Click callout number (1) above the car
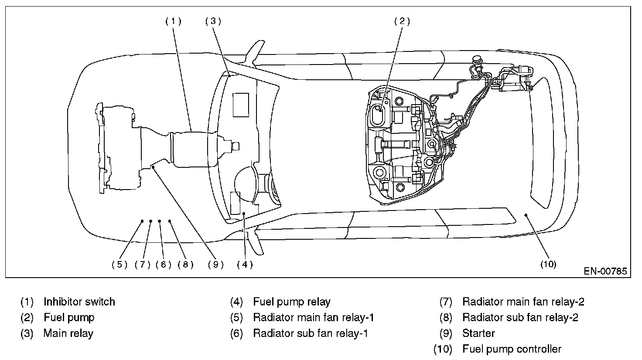pos(174,21)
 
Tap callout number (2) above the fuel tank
pos(402,21)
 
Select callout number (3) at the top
pos(213,21)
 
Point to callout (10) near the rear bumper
pos(548,264)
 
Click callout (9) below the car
pos(216,265)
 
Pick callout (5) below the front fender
pos(120,265)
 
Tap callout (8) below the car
pos(185,265)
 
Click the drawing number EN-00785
pos(605,271)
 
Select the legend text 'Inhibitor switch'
pos(79,302)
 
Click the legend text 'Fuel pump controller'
pos(512,349)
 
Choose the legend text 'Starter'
pos(478,333)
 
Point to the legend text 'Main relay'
pos(68,333)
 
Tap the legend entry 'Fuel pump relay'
pos(292,302)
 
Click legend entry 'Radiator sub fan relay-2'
pos(520,317)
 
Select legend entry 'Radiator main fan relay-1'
pos(314,317)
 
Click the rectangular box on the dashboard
pos(241,105)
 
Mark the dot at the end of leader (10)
pos(526,215)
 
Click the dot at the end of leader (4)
pos(244,213)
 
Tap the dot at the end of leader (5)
pos(142,221)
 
